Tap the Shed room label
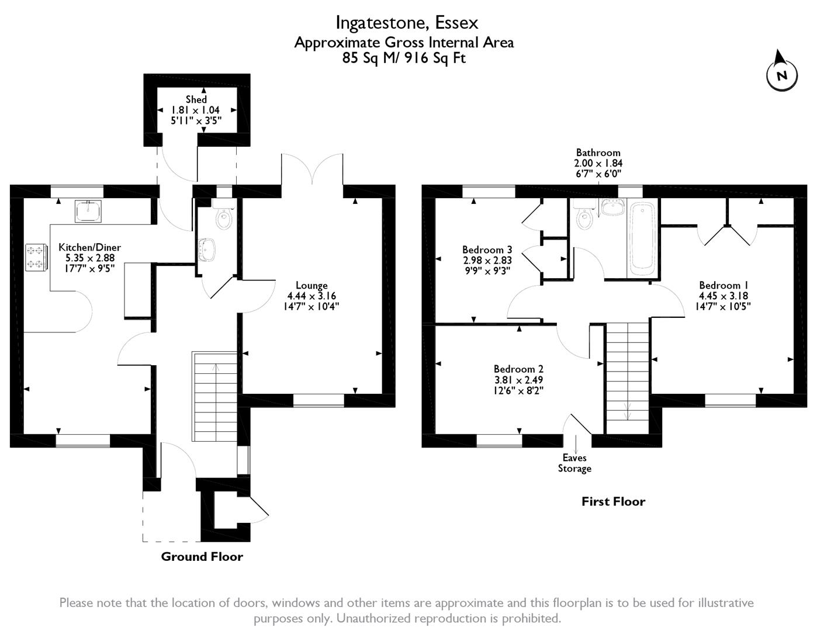point(196,99)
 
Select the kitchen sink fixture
point(88,211)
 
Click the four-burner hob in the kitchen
point(35,258)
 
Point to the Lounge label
point(311,286)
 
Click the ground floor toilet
point(223,217)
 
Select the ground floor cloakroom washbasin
point(207,249)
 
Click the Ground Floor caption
point(202,556)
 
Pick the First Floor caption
point(613,501)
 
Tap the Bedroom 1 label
point(719,285)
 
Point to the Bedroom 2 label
point(518,369)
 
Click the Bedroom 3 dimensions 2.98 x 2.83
point(487,261)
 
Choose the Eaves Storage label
point(574,463)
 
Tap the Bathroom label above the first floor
point(598,152)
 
